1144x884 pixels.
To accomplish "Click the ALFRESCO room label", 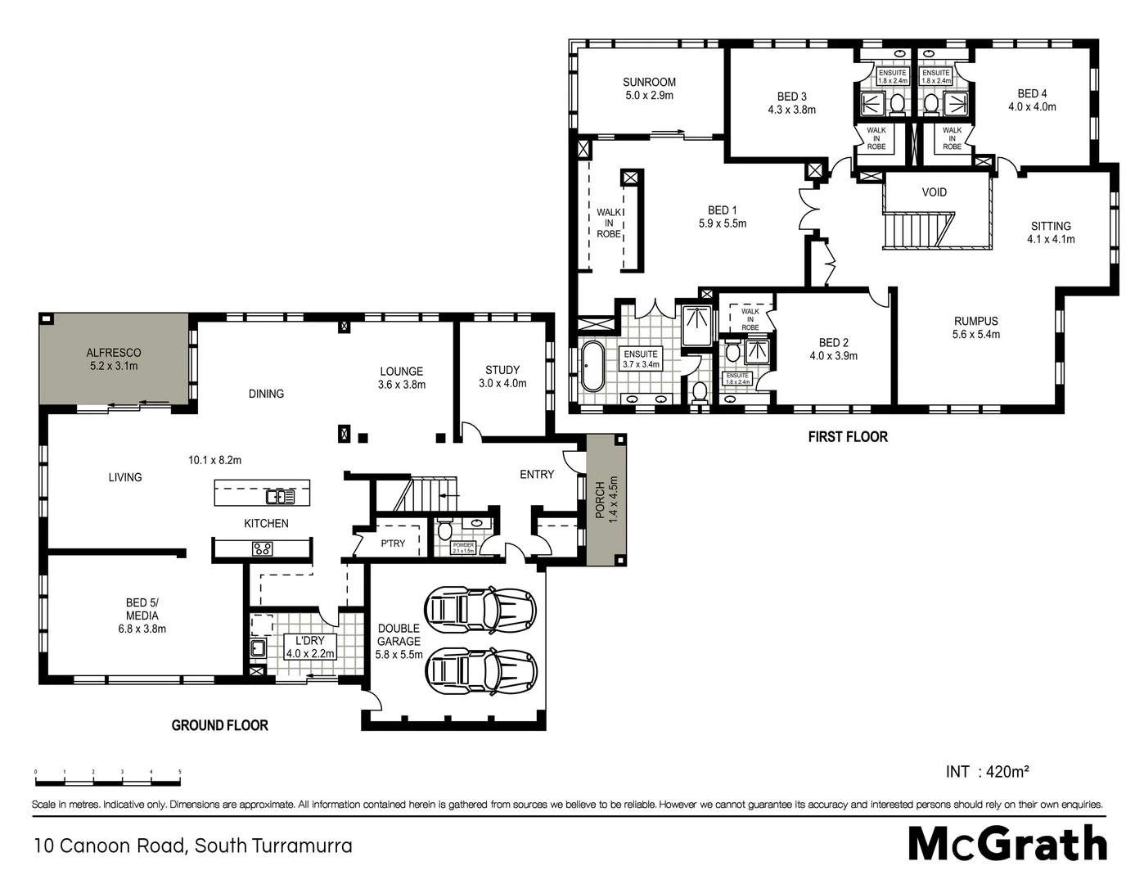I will tap(114, 353).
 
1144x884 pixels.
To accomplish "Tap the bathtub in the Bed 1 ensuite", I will tap(591, 366).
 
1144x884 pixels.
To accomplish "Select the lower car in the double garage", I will tap(480, 671).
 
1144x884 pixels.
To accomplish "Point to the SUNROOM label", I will tap(649, 82).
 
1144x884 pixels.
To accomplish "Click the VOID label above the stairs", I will tap(934, 192).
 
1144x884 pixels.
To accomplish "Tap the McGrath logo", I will tap(1007, 843).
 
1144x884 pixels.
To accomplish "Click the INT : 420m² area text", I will tap(987, 771).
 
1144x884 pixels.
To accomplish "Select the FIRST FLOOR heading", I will tap(848, 437).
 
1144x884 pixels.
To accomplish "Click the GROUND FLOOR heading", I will tap(219, 725).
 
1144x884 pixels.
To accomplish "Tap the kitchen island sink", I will tap(274, 497).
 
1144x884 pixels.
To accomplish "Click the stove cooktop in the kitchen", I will tap(262, 549).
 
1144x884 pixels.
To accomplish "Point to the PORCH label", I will tap(600, 499).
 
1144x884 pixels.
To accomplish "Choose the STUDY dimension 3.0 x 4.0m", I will tap(502, 383).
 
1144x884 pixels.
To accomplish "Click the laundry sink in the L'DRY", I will tap(257, 649).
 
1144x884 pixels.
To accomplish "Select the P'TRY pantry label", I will tap(393, 543).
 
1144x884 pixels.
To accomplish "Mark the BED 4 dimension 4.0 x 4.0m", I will tap(1032, 106).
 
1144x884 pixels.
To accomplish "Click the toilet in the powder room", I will tap(444, 531).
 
